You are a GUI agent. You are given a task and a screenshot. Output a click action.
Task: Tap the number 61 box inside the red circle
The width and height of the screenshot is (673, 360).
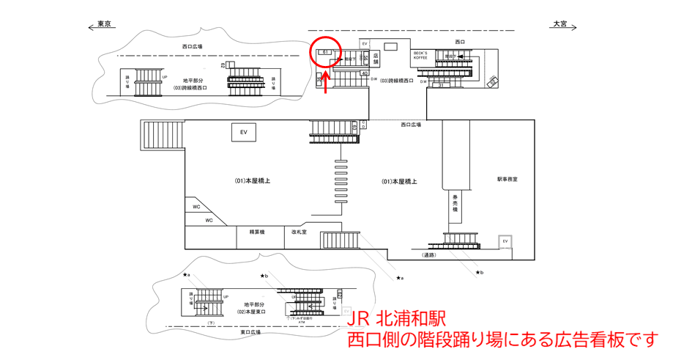[324, 52]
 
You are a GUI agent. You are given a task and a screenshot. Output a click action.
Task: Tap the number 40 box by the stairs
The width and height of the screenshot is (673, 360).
[365, 73]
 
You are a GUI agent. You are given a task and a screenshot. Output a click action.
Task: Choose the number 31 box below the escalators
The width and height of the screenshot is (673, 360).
[441, 86]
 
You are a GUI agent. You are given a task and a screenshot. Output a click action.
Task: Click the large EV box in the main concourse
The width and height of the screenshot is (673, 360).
[244, 133]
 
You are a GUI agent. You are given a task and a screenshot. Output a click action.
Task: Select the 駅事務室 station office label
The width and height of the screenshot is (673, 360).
[507, 179]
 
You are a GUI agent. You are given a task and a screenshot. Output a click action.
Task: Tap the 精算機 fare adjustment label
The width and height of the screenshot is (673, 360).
[256, 232]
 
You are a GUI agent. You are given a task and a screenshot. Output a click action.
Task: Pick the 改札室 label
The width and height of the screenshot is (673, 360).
[299, 232]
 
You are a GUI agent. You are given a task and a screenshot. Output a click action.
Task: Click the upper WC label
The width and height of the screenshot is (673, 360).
[196, 207]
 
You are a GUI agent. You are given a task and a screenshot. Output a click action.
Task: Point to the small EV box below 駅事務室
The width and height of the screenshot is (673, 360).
[505, 241]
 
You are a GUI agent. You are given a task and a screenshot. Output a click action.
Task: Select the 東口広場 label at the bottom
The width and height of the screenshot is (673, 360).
[251, 332]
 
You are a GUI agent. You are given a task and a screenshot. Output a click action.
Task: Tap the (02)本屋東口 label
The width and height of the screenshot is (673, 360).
[250, 308]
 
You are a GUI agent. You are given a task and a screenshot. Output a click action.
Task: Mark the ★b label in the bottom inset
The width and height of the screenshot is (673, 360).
[264, 276]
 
